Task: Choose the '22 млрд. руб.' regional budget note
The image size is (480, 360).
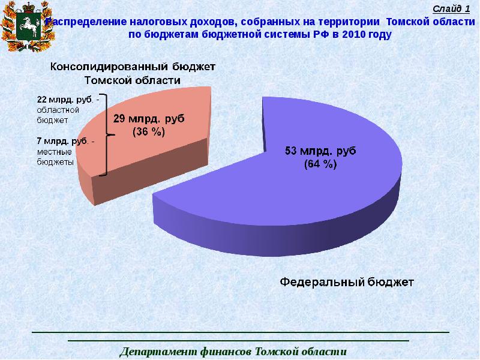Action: [59, 98]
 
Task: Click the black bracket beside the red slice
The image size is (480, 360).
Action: [104, 134]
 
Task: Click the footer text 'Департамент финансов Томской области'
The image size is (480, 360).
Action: [233, 351]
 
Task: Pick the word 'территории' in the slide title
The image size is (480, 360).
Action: [354, 21]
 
